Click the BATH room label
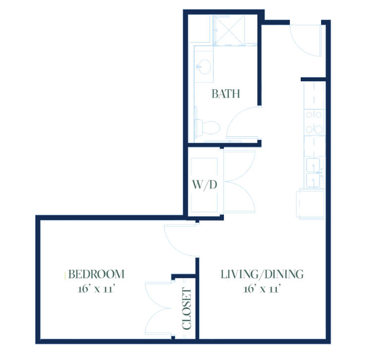click(225, 94)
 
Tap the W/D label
click(205, 185)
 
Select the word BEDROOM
click(97, 274)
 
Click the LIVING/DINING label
click(262, 274)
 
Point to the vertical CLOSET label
click(187, 308)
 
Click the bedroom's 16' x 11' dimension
click(97, 289)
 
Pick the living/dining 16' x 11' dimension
click(262, 289)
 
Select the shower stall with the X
click(229, 30)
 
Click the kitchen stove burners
click(314, 122)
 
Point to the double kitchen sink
click(314, 173)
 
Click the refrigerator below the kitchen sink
click(311, 204)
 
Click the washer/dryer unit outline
click(204, 185)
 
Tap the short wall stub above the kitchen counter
click(314, 79)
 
